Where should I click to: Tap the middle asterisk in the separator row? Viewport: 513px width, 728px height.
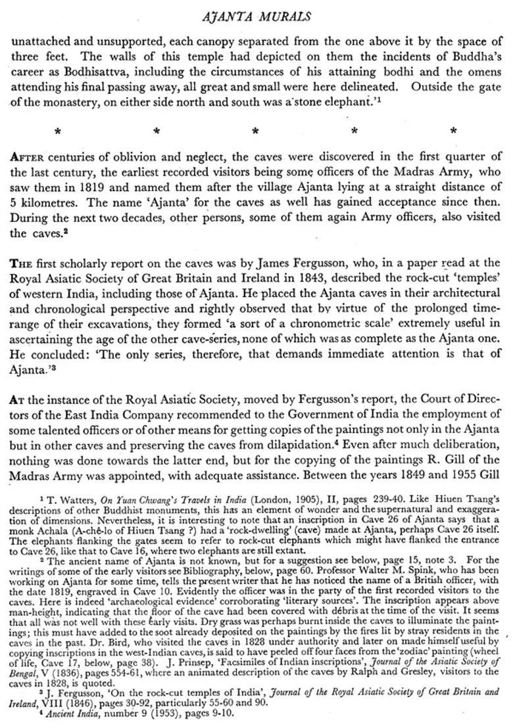255,131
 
